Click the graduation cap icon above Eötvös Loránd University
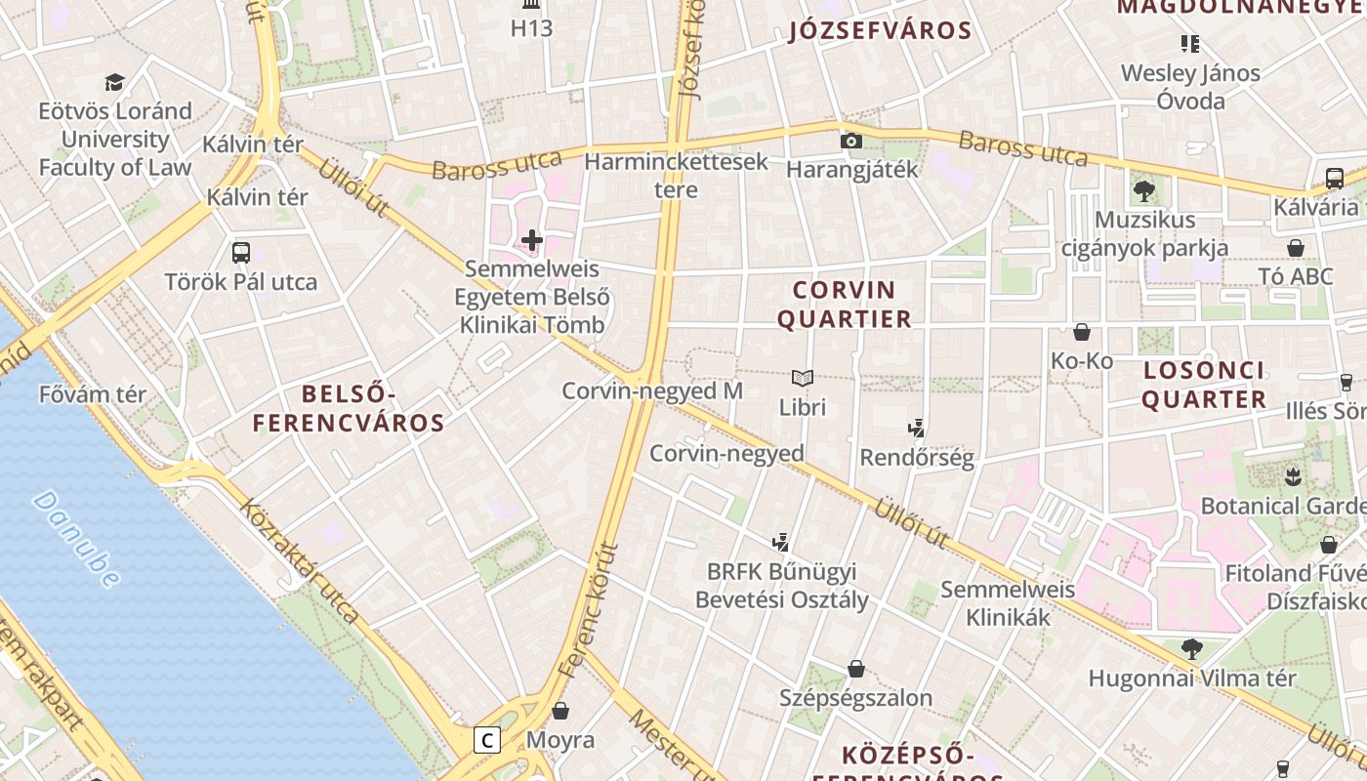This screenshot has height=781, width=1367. (x=115, y=82)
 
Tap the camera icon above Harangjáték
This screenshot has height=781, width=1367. (x=851, y=141)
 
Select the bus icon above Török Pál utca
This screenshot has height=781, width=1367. (x=241, y=253)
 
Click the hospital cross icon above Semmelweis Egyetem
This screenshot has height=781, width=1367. (x=532, y=239)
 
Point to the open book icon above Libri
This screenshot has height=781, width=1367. (x=803, y=378)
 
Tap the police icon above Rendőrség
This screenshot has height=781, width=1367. (x=916, y=427)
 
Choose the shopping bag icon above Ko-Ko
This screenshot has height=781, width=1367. (x=1081, y=332)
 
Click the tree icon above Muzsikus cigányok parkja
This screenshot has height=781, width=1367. (x=1144, y=190)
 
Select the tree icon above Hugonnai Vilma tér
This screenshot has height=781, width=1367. (x=1191, y=648)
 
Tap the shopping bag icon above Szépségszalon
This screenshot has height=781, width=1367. (x=856, y=669)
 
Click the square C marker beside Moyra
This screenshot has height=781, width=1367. (x=486, y=740)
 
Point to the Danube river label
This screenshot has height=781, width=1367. (x=76, y=539)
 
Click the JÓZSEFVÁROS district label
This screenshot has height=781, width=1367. (x=880, y=30)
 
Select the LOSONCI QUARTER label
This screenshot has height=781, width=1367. (x=1204, y=385)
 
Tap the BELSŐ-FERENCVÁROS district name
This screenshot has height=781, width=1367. (x=349, y=408)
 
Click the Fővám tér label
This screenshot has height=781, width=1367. (x=93, y=394)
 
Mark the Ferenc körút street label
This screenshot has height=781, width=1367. (x=590, y=610)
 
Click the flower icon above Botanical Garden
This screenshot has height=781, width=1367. (x=1295, y=477)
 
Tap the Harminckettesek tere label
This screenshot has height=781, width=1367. (x=677, y=175)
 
